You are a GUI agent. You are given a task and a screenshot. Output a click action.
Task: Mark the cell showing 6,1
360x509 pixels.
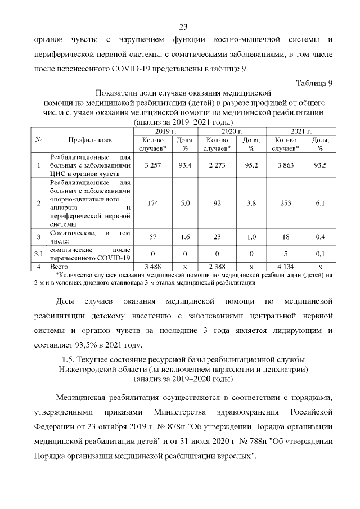pyautogui.click(x=320, y=203)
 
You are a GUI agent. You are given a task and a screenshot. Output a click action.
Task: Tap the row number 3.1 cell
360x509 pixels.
pyautogui.click(x=38, y=254)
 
